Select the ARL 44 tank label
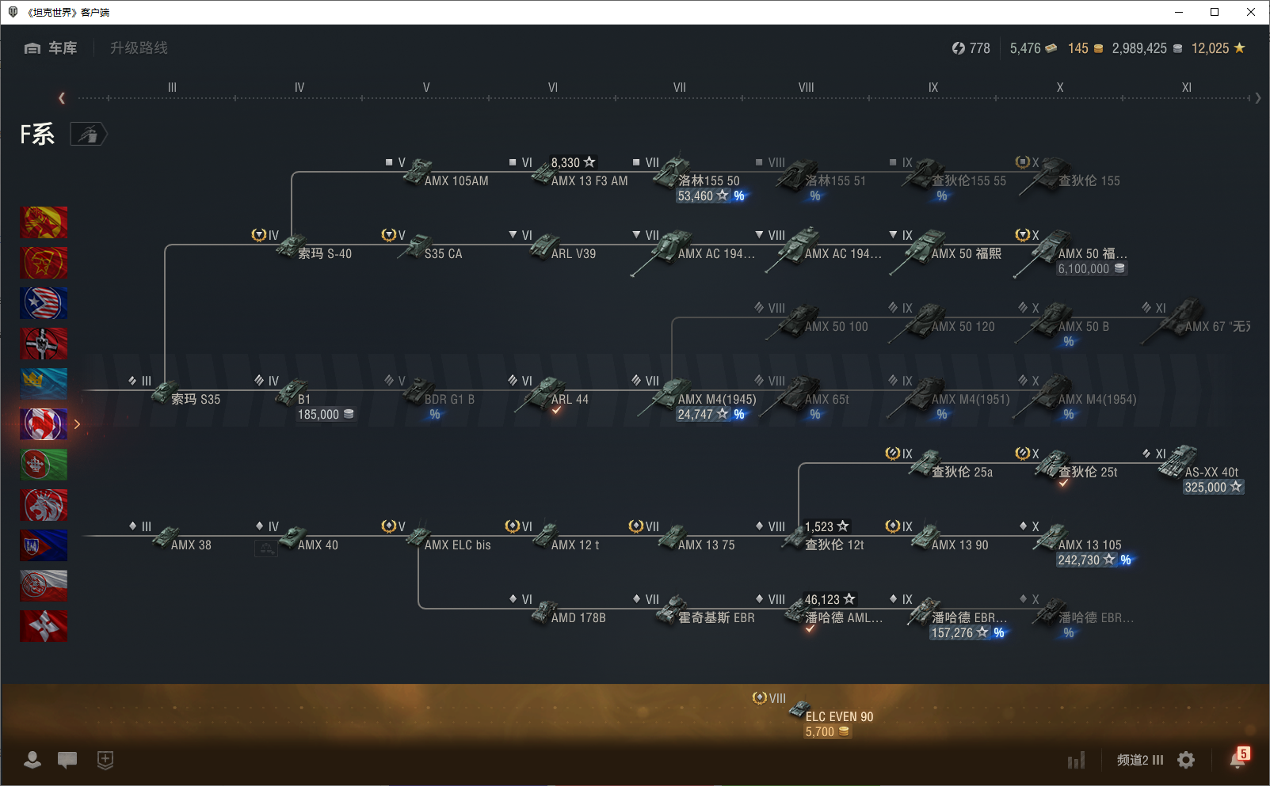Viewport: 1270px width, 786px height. click(x=570, y=399)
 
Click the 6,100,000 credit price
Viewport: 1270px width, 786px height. click(x=1084, y=269)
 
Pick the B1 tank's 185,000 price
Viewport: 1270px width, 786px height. click(x=318, y=414)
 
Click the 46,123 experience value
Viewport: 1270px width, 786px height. click(x=822, y=599)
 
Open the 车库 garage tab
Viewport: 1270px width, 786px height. click(x=51, y=48)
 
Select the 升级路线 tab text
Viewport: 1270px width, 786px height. click(x=139, y=48)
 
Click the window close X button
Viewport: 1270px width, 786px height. click(x=1251, y=12)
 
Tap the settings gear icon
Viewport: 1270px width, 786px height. click(x=1186, y=760)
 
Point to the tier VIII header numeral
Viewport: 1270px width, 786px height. click(x=806, y=87)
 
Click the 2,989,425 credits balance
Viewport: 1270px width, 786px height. click(x=1139, y=48)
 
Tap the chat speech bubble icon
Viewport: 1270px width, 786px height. click(x=67, y=760)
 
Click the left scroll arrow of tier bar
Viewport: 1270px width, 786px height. click(x=62, y=98)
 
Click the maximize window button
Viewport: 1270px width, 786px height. click(x=1215, y=12)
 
